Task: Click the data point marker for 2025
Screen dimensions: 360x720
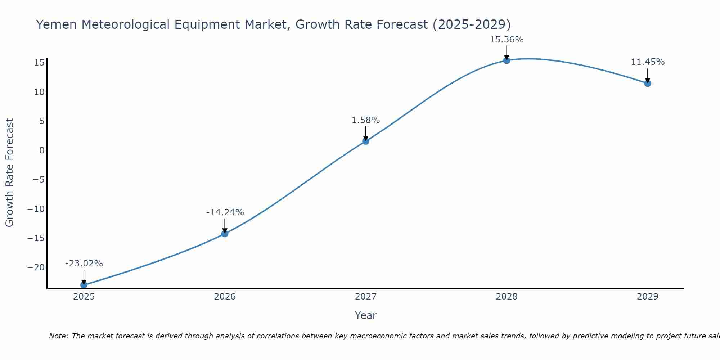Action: click(x=84, y=285)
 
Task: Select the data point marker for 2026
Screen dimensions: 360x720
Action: click(x=225, y=234)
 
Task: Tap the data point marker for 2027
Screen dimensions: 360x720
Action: click(x=366, y=141)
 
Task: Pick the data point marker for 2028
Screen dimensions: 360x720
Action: click(x=507, y=60)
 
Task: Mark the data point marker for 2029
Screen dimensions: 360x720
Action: click(x=648, y=84)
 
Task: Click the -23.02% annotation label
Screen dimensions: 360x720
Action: click(x=84, y=264)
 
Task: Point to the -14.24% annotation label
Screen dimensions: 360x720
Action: click(x=225, y=212)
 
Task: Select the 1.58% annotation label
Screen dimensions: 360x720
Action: click(x=366, y=120)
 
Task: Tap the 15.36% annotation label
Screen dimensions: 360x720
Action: click(x=507, y=40)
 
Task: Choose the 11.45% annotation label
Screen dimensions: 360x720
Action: click(x=648, y=62)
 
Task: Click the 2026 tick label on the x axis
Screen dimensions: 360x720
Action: click(x=225, y=297)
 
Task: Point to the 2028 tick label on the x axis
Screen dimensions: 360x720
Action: click(x=507, y=297)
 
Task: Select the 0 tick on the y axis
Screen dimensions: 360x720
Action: click(x=42, y=150)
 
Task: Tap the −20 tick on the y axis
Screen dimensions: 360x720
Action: click(x=36, y=267)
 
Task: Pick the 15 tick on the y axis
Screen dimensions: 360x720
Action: click(x=39, y=63)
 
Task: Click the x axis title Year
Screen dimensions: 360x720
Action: click(x=365, y=315)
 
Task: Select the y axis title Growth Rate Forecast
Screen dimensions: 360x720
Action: click(x=9, y=173)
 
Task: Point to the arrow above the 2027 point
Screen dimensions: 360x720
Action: click(x=366, y=132)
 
